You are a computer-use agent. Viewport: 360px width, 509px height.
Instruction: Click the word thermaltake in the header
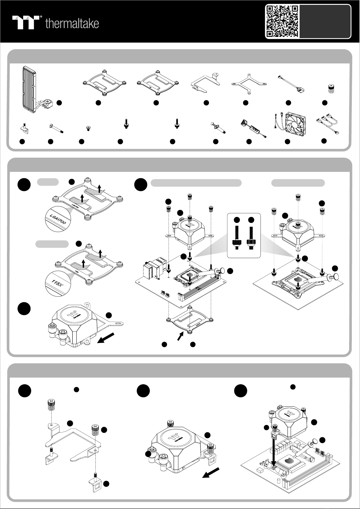(x=72, y=24)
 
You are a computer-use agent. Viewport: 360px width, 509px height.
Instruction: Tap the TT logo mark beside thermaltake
(x=27, y=22)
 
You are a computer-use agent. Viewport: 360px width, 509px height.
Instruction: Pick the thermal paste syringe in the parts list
(x=218, y=128)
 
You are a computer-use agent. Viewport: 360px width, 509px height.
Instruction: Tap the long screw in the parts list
(x=55, y=128)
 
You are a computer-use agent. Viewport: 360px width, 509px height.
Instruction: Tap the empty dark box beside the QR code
(x=326, y=21)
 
